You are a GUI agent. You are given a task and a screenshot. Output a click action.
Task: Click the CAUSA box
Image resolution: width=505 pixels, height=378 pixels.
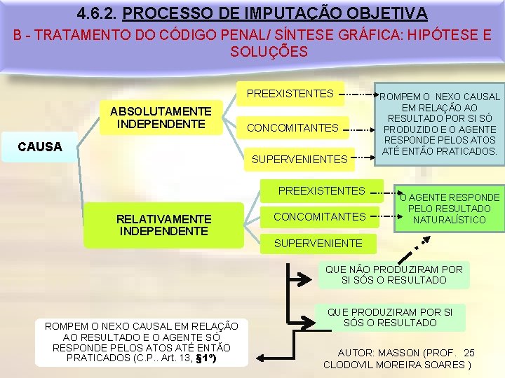click(40, 148)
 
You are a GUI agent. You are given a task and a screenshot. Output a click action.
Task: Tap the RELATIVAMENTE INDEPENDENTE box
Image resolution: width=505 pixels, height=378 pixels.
click(163, 225)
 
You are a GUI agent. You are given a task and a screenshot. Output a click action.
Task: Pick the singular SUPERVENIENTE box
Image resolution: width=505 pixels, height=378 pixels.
click(318, 244)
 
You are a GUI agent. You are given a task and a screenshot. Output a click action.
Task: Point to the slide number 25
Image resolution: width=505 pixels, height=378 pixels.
click(469, 353)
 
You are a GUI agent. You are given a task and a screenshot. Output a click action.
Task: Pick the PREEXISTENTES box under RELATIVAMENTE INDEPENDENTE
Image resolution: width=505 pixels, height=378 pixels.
click(321, 190)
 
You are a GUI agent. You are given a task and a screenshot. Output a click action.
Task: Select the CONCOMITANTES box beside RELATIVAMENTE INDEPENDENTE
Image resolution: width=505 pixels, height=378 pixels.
click(319, 216)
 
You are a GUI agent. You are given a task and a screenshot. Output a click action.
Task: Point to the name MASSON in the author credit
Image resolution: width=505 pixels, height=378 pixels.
click(400, 353)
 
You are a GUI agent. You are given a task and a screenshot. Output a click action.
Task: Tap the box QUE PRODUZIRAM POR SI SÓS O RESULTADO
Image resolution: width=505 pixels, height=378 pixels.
click(391, 317)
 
